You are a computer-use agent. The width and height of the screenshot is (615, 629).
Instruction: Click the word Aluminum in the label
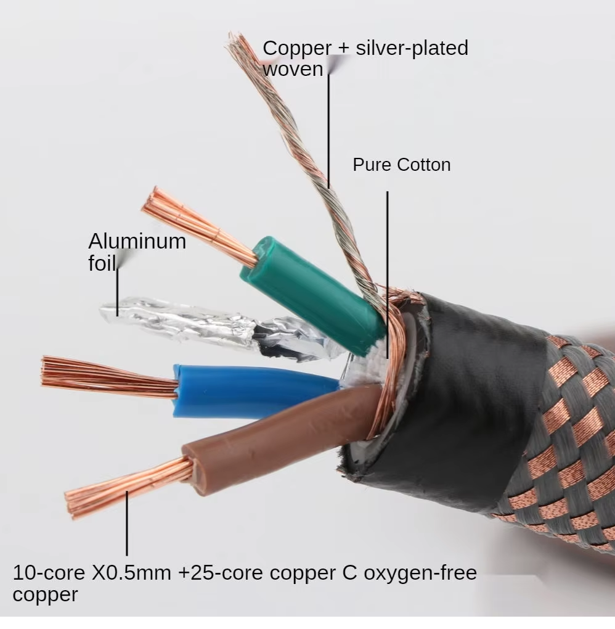(x=137, y=241)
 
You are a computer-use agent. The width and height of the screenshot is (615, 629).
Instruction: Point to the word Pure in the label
(x=372, y=165)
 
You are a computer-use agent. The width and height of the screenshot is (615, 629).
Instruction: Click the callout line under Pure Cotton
(x=388, y=259)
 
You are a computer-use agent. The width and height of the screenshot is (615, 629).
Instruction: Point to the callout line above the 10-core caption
(x=127, y=524)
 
